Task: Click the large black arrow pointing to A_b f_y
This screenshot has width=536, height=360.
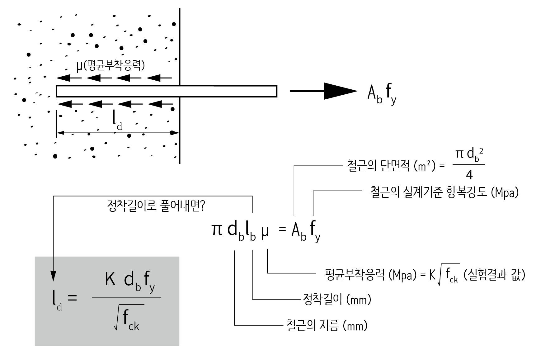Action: [339, 91]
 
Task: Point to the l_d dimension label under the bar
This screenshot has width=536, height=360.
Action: [117, 121]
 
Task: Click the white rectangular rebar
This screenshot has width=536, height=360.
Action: [167, 91]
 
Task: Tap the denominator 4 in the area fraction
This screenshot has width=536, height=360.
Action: [469, 175]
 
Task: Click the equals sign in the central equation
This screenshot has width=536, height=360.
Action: [282, 230]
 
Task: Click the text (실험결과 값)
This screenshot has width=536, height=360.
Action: [494, 275]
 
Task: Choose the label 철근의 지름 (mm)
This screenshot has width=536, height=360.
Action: [327, 326]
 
